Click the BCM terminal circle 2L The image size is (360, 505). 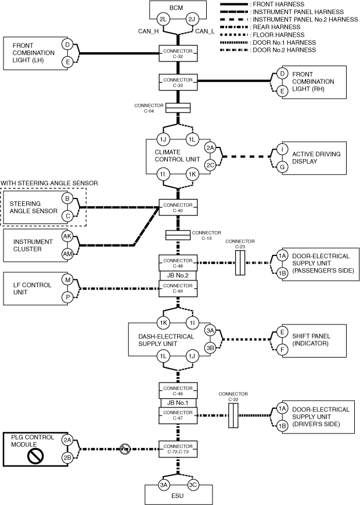tap(163, 19)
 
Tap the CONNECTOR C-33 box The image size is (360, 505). tap(178, 82)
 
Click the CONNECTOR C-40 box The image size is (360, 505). tap(178, 207)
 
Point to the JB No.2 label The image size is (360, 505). tap(178, 275)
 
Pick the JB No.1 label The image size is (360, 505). tap(178, 403)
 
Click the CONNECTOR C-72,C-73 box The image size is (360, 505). tap(178, 449)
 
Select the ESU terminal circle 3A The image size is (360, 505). tap(163, 486)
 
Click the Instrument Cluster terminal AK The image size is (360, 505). tap(67, 237)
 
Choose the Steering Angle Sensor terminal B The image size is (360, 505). tap(67, 199)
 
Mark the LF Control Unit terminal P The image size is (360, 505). tap(67, 297)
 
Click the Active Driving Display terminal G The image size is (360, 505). tap(282, 166)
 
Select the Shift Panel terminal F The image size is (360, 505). tap(282, 351)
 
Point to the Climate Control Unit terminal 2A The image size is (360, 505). tap(210, 148)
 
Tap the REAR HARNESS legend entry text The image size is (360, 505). tap(275, 27)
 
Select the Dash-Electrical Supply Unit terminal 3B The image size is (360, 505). tap(210, 348)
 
